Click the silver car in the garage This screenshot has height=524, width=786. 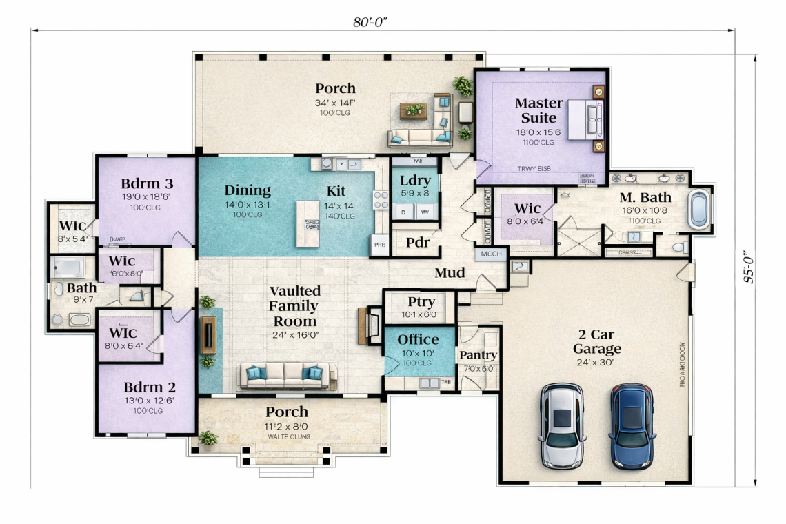point(562,425)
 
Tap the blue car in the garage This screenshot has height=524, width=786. point(631,425)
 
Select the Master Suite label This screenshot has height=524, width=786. point(539,110)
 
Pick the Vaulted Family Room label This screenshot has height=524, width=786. point(294,306)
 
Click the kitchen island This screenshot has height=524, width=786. point(308,223)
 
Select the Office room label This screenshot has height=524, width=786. point(418,339)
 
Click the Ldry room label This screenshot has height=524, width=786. point(415,181)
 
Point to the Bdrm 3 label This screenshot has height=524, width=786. point(146,183)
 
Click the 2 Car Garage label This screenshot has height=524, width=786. point(599,341)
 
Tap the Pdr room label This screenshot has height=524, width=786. point(419,243)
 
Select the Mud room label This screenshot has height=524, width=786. point(449,273)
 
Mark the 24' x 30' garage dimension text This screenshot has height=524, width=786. point(595,362)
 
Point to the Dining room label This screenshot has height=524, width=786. point(248,191)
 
